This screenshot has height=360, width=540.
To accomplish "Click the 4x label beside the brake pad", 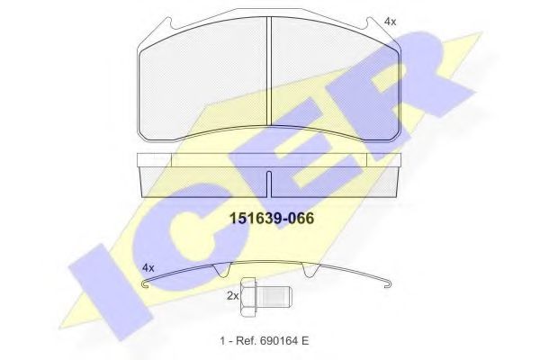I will [389, 20].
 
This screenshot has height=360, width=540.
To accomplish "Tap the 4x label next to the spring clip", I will [149, 267].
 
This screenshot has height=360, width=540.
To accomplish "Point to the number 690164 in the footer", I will [283, 340].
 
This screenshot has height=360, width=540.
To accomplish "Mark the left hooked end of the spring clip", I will [147, 286].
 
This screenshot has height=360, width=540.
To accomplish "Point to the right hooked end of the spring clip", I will [387, 287].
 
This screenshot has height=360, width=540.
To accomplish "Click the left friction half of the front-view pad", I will [204, 81].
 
